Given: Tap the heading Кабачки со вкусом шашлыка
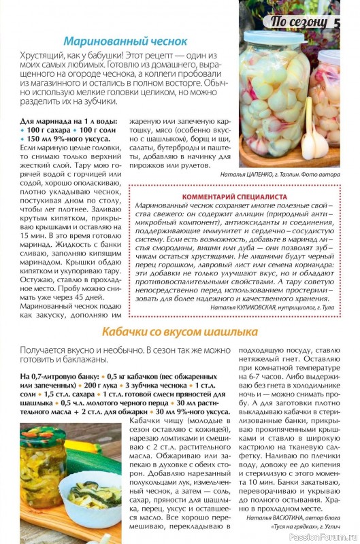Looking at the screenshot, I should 180,332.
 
